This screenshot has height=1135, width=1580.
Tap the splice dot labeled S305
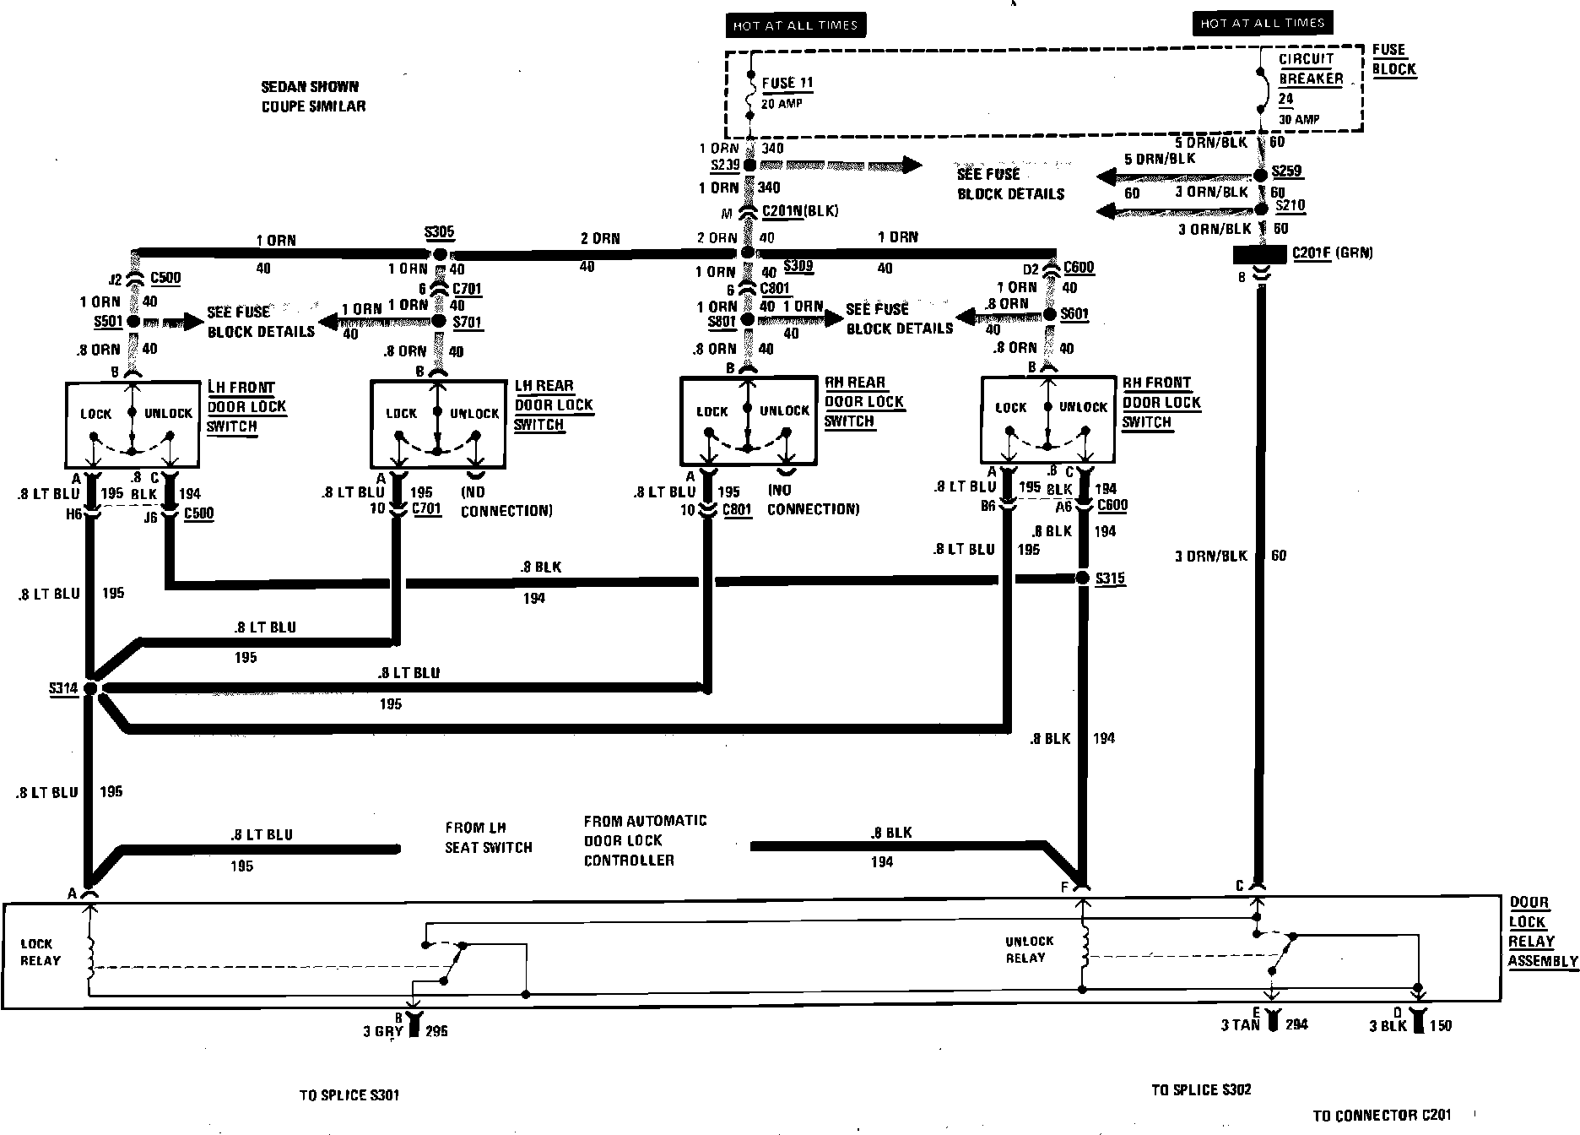click(x=439, y=253)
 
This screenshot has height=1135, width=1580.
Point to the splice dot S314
click(x=90, y=689)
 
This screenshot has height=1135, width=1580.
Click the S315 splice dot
click(x=1083, y=578)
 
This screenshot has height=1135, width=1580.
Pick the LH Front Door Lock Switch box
click(x=133, y=425)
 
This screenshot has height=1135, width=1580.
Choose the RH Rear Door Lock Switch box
click(x=748, y=421)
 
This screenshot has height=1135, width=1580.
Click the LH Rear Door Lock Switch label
click(x=554, y=405)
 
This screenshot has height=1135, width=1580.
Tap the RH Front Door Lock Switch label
click(x=1161, y=403)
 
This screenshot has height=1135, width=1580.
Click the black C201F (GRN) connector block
click(x=1259, y=253)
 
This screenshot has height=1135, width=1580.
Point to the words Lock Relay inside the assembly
click(x=40, y=952)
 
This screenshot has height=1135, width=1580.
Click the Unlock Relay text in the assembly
click(x=1028, y=949)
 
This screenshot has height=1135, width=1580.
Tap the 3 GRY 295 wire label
click(x=405, y=1031)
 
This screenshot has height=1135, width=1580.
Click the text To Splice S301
click(x=349, y=1095)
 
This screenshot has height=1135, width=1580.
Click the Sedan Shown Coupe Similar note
click(x=313, y=96)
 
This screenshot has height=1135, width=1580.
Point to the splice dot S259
click(x=1260, y=175)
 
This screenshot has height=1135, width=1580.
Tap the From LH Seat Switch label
click(x=488, y=838)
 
